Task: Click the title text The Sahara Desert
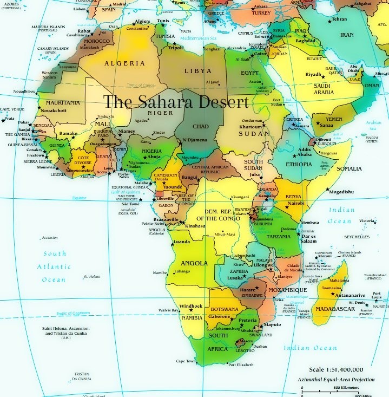tap(176, 102)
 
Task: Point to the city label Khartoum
tap(250, 127)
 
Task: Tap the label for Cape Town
tap(185, 361)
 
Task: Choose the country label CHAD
tap(200, 127)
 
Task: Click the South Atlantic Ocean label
tap(55, 266)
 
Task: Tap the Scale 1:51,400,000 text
tap(336, 369)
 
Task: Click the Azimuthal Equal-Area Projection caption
tap(337, 380)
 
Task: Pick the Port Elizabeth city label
tap(240, 365)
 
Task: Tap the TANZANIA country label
tap(279, 237)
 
